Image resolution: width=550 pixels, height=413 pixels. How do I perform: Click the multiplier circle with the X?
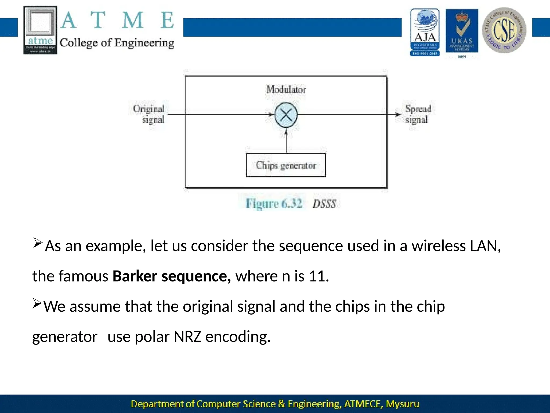pyautogui.click(x=286, y=115)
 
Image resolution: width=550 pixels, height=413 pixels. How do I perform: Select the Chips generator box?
pyautogui.click(x=286, y=165)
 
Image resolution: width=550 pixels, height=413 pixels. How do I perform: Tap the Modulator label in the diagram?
pyautogui.click(x=286, y=90)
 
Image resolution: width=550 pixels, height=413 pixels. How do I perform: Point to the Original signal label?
pyautogui.click(x=149, y=114)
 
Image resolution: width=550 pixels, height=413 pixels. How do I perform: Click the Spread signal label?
pyautogui.click(x=418, y=114)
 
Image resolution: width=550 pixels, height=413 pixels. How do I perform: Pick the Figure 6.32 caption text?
pyautogui.click(x=274, y=204)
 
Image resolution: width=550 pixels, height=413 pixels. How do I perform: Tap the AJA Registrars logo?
pyautogui.click(x=425, y=32)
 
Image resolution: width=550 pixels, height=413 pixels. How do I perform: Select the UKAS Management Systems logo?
pyautogui.click(x=462, y=31)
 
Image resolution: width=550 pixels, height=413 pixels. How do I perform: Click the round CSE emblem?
pyautogui.click(x=504, y=30)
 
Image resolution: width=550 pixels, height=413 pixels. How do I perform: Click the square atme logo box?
pyautogui.click(x=40, y=30)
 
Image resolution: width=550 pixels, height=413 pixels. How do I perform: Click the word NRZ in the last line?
pyautogui.click(x=187, y=337)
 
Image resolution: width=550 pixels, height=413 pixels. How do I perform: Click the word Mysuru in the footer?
pyautogui.click(x=402, y=404)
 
